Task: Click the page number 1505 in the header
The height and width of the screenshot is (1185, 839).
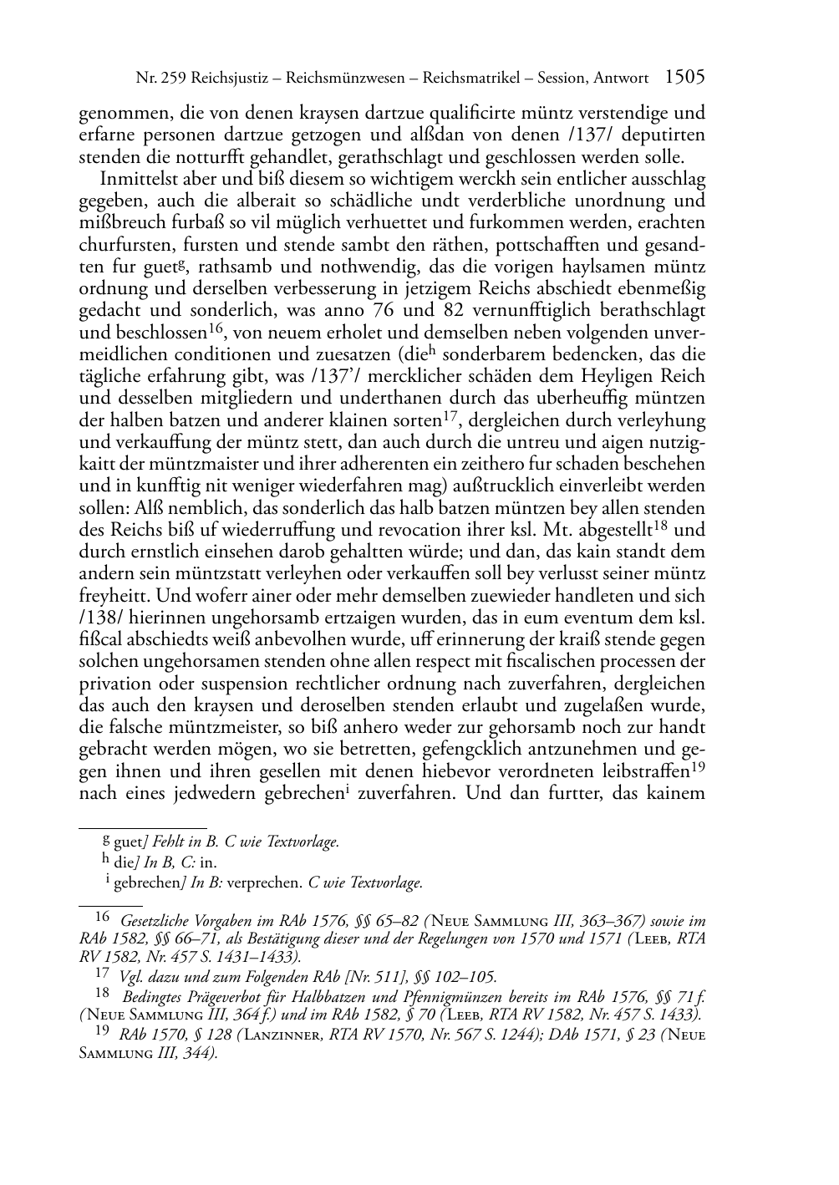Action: point(684,78)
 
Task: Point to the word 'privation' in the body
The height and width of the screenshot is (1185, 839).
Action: point(110,684)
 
